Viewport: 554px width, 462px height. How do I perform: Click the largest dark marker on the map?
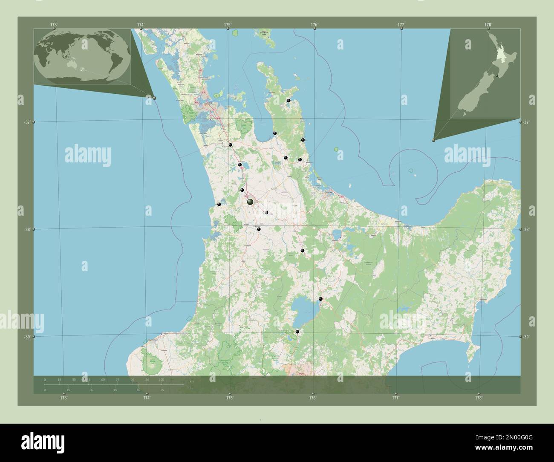click(x=250, y=202)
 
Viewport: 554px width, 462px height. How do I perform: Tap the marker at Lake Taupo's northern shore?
click(x=320, y=299)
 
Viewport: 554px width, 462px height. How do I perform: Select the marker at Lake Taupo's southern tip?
click(x=297, y=331)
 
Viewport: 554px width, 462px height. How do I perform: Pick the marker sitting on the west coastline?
click(x=219, y=204)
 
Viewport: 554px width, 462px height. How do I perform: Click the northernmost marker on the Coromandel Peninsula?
click(x=289, y=101)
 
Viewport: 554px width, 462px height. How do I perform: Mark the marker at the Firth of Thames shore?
click(x=275, y=134)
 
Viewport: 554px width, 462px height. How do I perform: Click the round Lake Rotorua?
click(x=337, y=233)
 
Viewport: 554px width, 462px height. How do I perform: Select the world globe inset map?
click(x=82, y=55)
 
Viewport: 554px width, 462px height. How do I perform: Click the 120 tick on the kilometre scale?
click(x=161, y=379)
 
